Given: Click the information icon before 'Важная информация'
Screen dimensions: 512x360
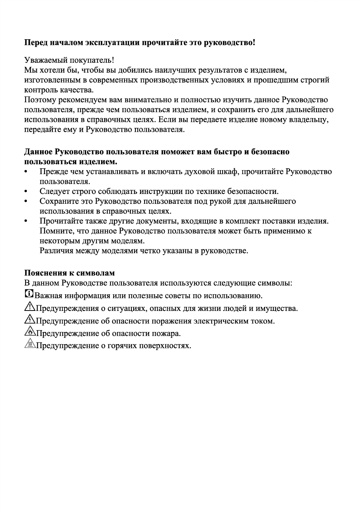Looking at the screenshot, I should (29, 294).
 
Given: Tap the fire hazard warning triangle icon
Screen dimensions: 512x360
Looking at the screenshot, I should (29, 332).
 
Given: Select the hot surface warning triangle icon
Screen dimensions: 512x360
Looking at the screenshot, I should (29, 344).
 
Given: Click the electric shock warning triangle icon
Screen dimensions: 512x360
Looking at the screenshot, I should (29, 319).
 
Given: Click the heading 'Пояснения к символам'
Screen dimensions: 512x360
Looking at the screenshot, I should (69, 273).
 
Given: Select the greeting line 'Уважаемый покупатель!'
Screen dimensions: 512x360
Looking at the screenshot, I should (69, 60).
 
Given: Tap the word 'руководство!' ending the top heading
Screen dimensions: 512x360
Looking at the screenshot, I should (229, 43).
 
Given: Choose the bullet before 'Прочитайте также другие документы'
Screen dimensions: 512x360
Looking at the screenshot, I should (26, 221).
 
